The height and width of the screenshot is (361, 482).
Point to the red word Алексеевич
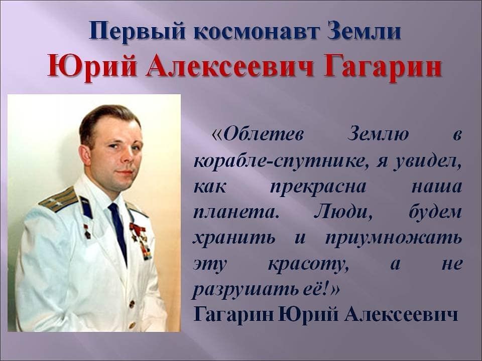[229, 67]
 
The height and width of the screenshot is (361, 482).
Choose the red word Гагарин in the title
[383, 67]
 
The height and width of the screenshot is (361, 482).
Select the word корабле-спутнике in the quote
[282, 161]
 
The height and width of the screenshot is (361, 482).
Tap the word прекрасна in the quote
[318, 187]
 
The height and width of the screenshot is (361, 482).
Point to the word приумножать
[393, 238]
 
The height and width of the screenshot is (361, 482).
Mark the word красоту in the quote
[308, 265]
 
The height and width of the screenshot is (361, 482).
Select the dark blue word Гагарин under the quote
[233, 315]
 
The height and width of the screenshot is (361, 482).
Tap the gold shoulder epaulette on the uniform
[58, 200]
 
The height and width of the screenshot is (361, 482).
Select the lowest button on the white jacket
[132, 325]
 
